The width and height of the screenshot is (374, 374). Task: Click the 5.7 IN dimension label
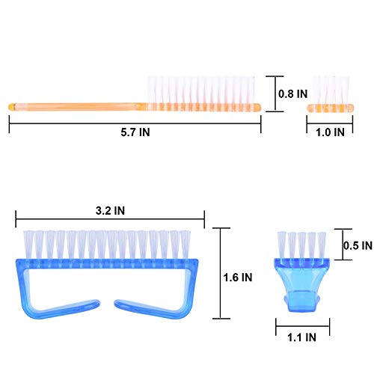click(135, 132)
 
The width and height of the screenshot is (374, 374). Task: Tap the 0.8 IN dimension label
click(293, 93)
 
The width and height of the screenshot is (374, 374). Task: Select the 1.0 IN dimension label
click(330, 132)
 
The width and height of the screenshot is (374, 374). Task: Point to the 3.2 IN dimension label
click(110, 211)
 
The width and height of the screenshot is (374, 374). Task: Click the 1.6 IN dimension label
click(238, 278)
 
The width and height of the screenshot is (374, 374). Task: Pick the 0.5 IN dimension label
click(358, 245)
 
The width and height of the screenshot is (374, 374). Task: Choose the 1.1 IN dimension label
click(301, 337)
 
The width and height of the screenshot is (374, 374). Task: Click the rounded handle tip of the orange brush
click(12, 107)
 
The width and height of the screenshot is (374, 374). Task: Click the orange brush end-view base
click(330, 108)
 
